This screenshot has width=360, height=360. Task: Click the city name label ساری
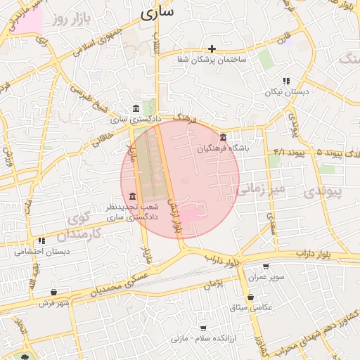point(158,13)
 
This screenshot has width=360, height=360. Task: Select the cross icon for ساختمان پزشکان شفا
point(212,49)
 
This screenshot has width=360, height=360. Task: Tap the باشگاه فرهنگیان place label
point(223,148)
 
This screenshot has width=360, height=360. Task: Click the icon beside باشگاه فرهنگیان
point(223,136)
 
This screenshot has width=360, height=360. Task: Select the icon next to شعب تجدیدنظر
point(133,195)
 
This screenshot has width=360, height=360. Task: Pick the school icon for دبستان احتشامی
point(42,240)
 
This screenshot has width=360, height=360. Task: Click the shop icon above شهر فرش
point(54,292)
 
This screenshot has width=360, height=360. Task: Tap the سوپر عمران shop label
point(265,277)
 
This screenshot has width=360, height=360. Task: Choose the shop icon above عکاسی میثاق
point(251,297)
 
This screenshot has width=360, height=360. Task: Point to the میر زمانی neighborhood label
point(261,189)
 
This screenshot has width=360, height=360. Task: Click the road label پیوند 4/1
point(289,152)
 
